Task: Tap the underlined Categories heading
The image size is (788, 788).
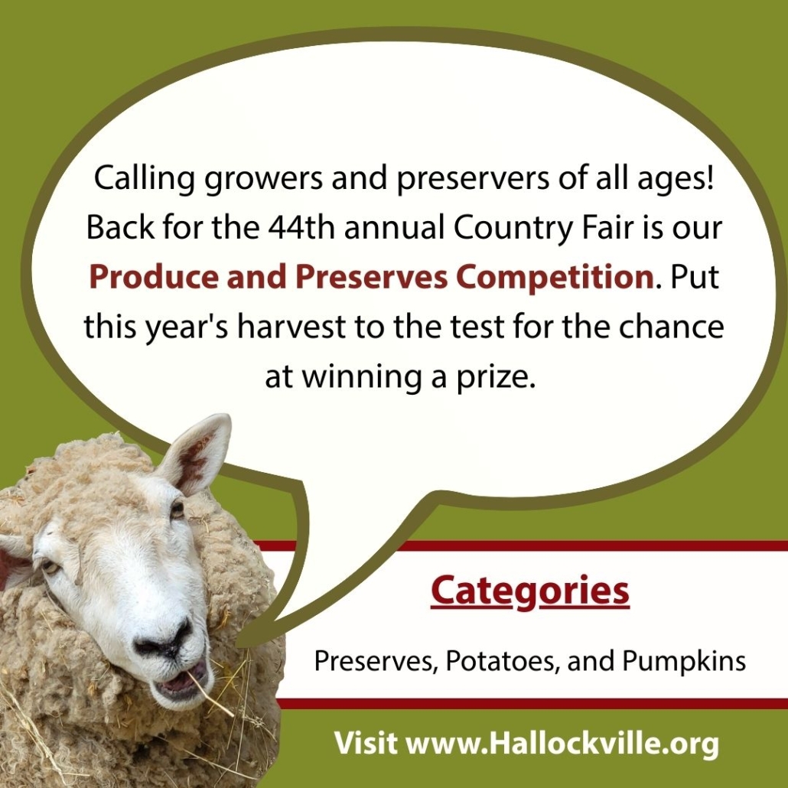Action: (529, 592)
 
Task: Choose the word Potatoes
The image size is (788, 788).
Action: (503, 661)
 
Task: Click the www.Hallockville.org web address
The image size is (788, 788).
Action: (562, 744)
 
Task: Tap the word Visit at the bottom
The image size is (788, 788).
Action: (366, 744)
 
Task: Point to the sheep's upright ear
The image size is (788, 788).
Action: (198, 452)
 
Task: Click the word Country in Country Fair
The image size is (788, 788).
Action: (513, 229)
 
